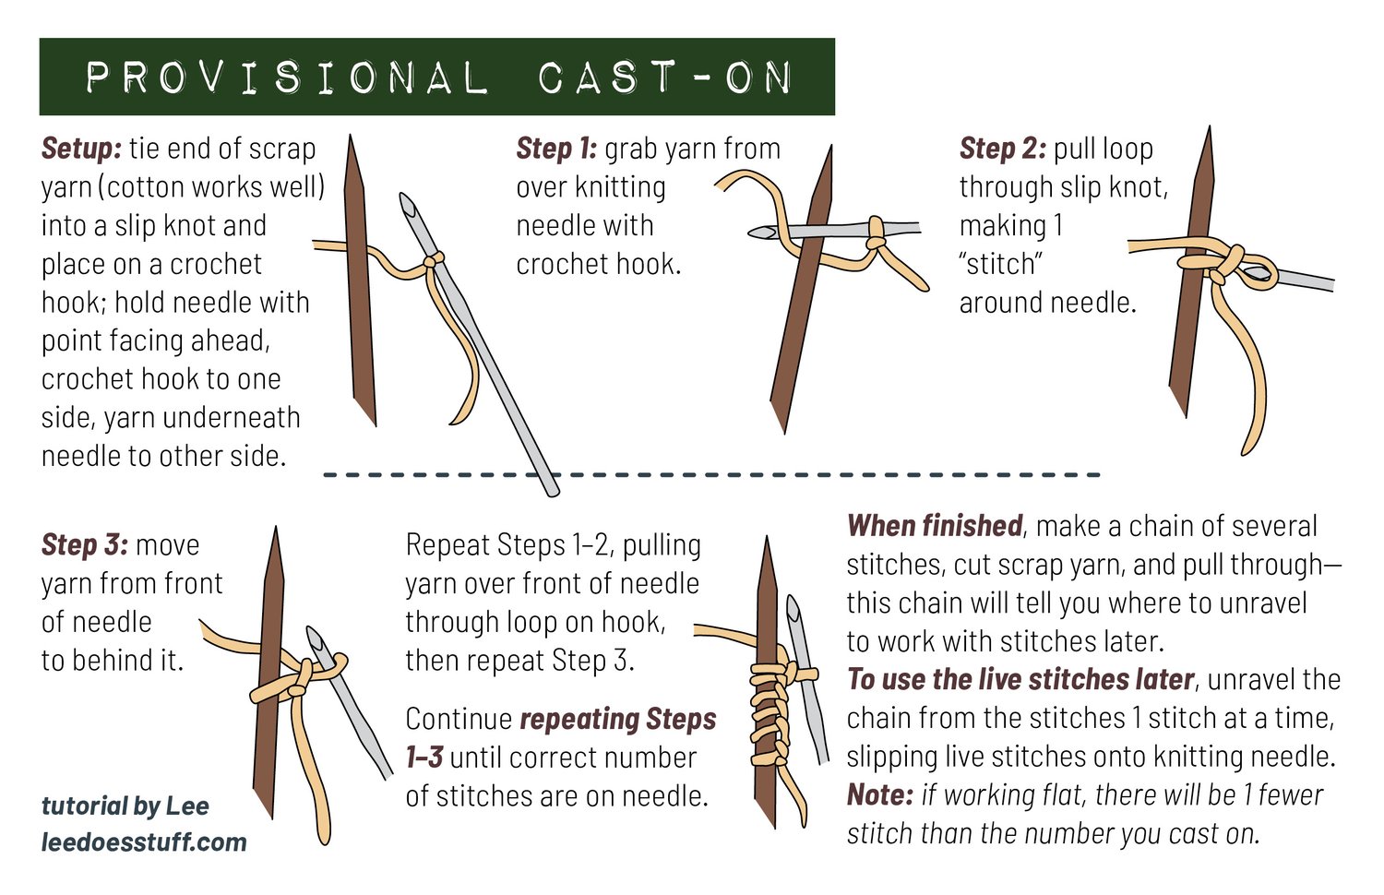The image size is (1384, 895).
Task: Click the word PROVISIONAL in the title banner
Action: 287,78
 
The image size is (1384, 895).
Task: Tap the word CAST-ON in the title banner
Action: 665,78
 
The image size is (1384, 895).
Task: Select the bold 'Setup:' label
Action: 81,149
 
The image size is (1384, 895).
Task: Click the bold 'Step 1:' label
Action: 556,149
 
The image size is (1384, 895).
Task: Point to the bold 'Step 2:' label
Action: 1002,149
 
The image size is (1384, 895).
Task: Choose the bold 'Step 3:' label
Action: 85,544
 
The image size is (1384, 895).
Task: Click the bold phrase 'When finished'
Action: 934,526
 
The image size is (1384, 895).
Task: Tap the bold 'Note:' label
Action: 880,795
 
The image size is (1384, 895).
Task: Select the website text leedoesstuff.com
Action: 144,841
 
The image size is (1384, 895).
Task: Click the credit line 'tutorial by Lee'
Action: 125,805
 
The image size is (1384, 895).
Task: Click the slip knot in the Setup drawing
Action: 433,260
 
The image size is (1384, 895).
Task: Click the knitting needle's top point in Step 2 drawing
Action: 1209,127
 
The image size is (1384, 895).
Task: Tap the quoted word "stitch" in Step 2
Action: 1001,265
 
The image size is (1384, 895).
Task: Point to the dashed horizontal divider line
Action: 711,475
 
